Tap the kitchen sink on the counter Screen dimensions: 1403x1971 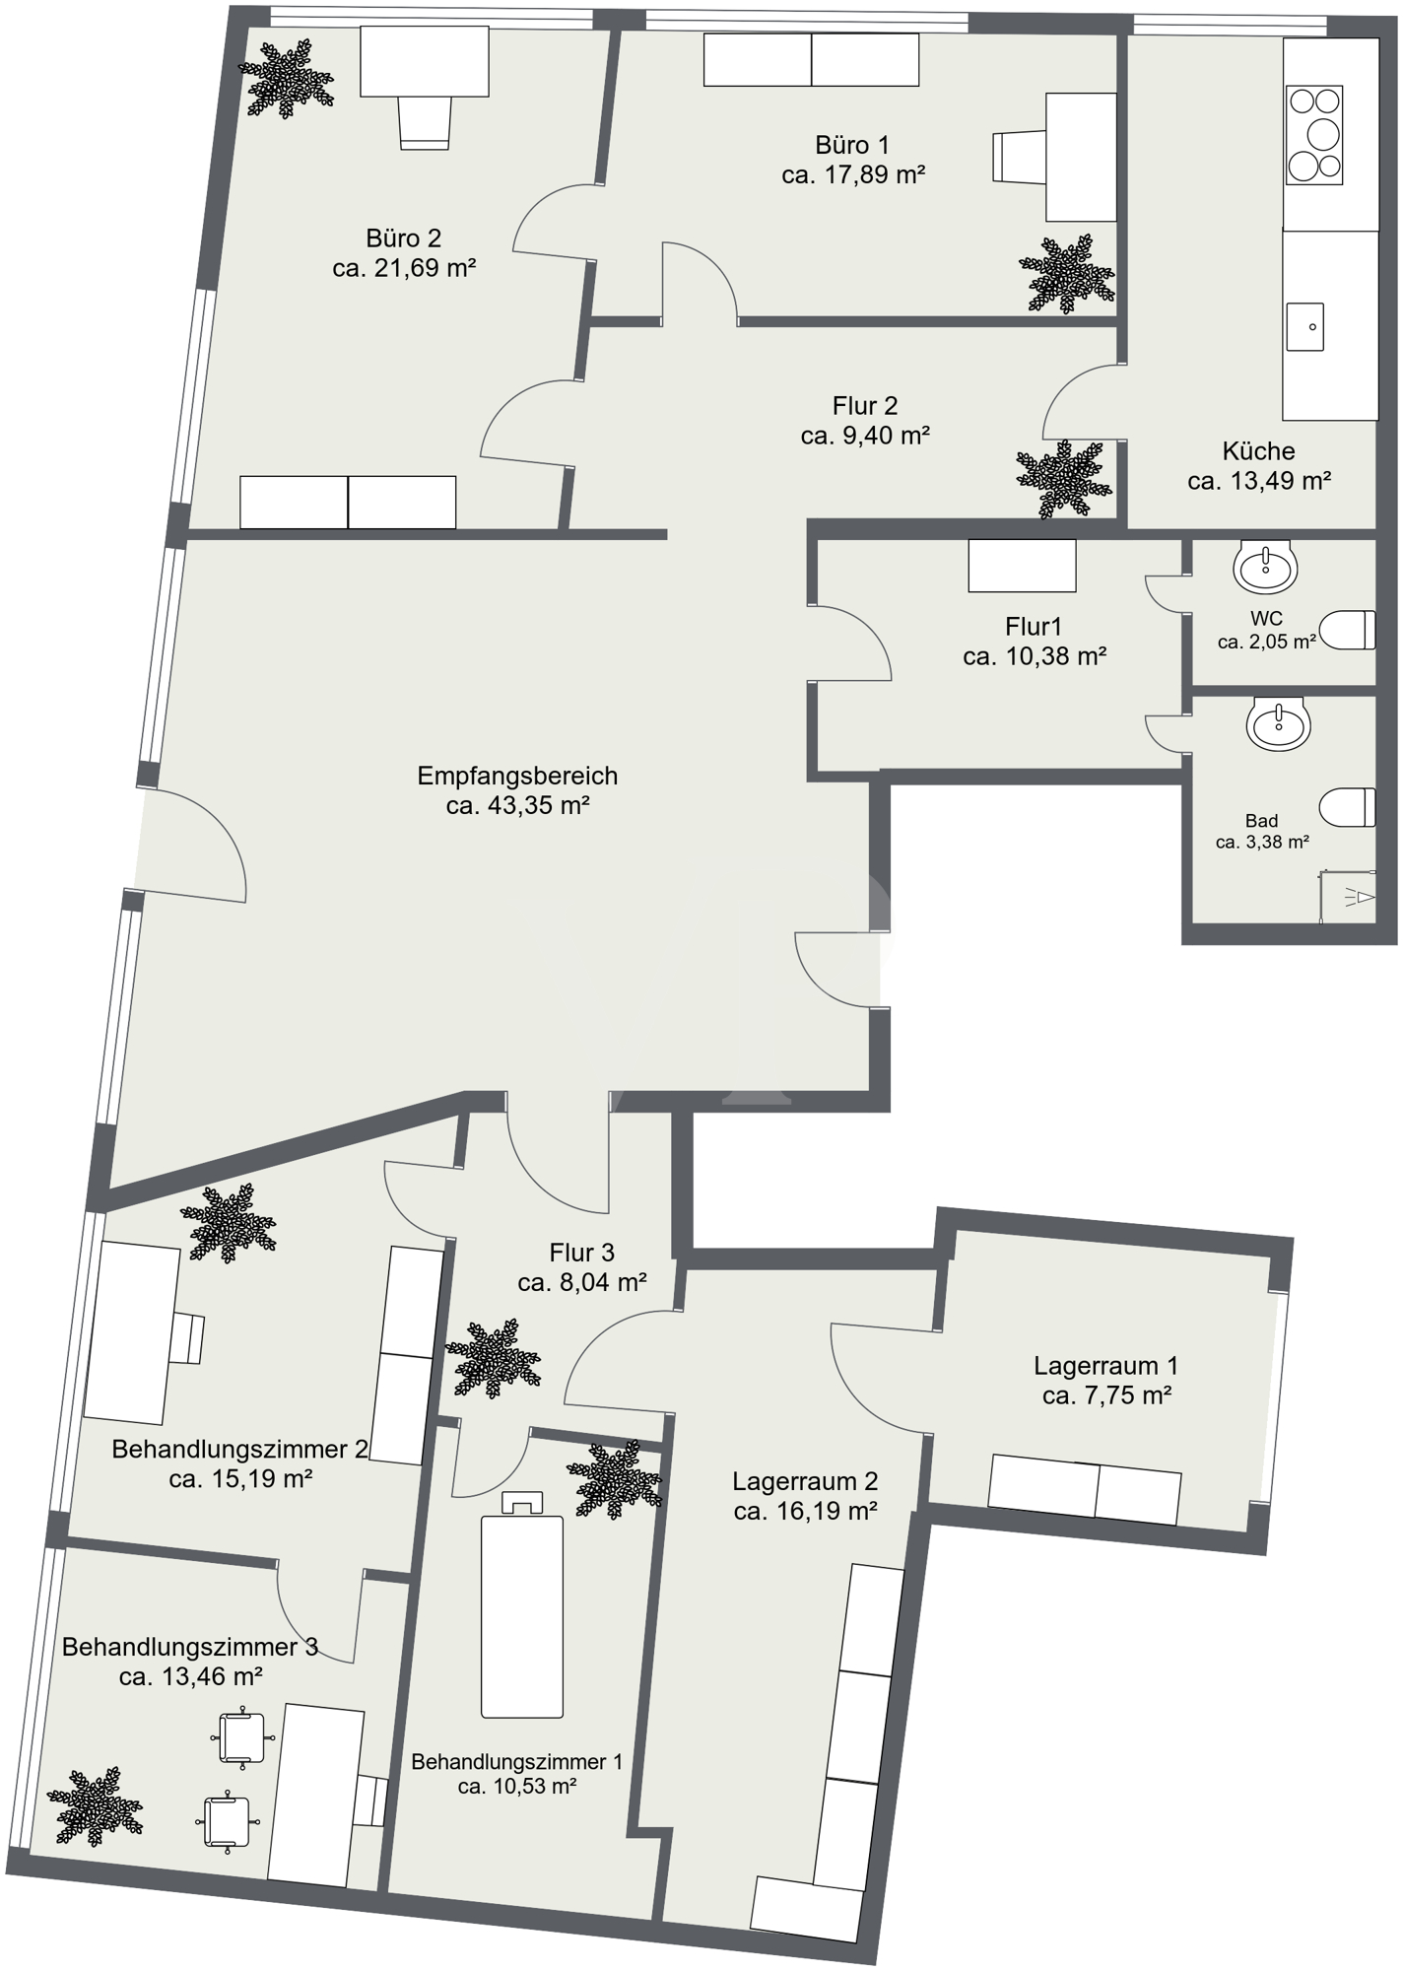1305,326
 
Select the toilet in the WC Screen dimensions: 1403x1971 1347,630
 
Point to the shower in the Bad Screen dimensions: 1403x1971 1348,896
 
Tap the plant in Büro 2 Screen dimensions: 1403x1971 287,78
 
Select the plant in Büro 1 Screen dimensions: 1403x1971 1067,274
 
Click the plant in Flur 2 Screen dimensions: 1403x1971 1064,479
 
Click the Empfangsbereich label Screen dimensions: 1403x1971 517,776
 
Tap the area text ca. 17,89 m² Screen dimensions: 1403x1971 853,175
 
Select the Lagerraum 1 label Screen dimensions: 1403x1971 1105,1366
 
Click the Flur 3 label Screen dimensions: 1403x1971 581,1253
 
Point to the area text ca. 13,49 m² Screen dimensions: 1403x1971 1259,481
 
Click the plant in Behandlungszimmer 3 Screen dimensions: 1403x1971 95,1806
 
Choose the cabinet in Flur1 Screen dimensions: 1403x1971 1022,566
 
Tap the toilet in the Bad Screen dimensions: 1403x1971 1347,807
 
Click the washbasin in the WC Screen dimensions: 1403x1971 1265,566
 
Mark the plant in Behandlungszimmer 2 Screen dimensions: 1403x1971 228,1224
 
